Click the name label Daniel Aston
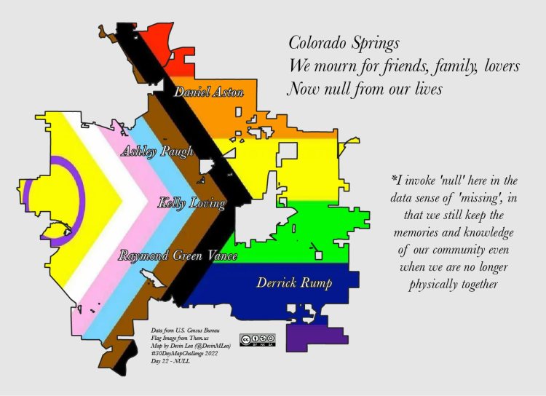(x=203, y=92)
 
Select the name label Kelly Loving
(x=191, y=203)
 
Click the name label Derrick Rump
(x=294, y=282)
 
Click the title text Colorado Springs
(x=344, y=41)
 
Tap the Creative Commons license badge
(x=258, y=339)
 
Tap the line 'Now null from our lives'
(x=365, y=90)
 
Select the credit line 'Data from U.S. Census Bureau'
(x=181, y=332)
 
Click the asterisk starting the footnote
(x=394, y=177)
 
